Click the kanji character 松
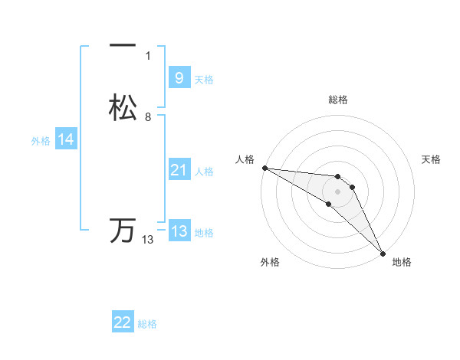pos(123,107)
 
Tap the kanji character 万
pos(123,231)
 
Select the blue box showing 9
pos(179,78)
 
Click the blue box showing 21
pos(179,170)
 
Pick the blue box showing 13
pos(179,231)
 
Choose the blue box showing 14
pos(66,139)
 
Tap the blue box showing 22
pos(123,322)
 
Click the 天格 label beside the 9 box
pos(204,79)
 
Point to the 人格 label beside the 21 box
pos(205,172)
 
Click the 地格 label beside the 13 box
pos(204,232)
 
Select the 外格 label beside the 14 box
pos(41,140)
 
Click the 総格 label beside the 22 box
pos(147,324)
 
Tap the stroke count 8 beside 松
pos(147,117)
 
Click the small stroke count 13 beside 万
pos(147,240)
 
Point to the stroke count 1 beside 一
pos(147,56)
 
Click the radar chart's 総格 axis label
pos(337,100)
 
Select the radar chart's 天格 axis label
pos(431,159)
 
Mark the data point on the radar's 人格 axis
pos(264,168)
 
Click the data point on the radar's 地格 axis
pos(383,253)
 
